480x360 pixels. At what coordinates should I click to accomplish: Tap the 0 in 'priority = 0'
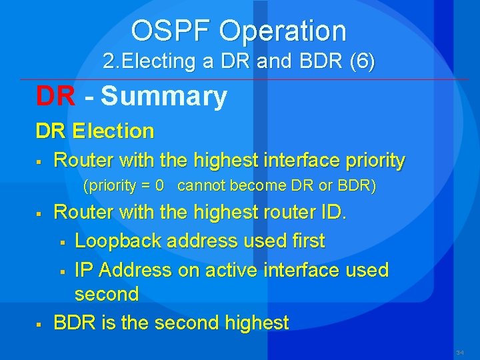159,186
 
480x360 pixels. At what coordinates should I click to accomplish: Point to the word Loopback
119,241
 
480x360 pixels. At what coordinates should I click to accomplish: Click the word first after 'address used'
305,241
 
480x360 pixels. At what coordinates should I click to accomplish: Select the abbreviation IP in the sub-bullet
83,270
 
